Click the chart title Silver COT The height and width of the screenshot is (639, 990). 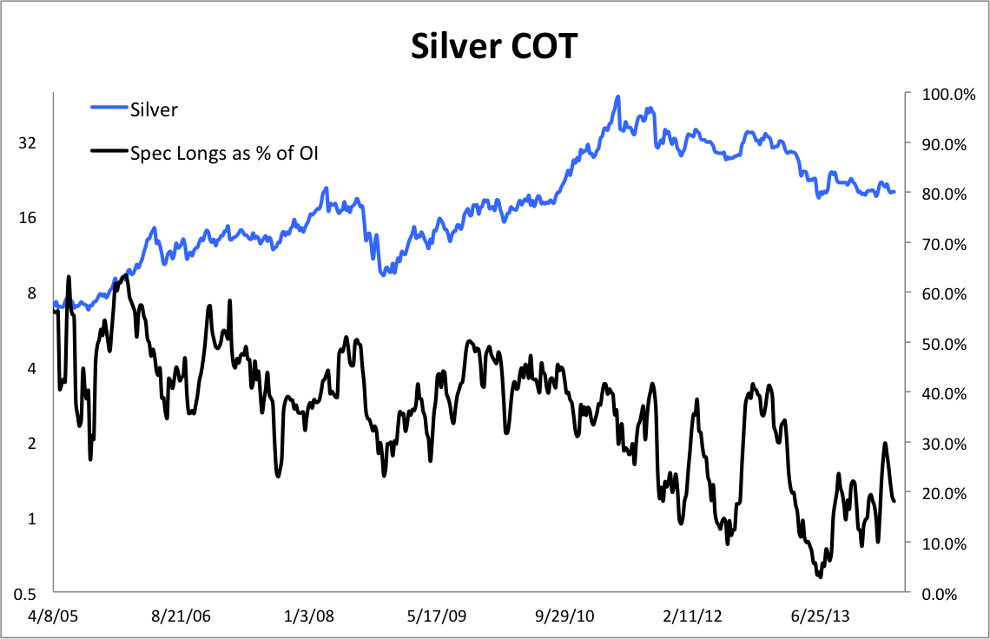pyautogui.click(x=494, y=46)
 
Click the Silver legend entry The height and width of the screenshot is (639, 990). pyautogui.click(x=154, y=109)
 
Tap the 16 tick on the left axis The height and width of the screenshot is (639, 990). pyautogui.click(x=27, y=218)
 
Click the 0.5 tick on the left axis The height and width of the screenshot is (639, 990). pyautogui.click(x=23, y=594)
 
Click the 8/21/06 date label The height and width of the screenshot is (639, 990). pyautogui.click(x=181, y=616)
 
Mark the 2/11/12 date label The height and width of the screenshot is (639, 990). pyautogui.click(x=693, y=616)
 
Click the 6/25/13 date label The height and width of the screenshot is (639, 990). pyautogui.click(x=821, y=616)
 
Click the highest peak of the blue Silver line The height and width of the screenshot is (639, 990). pyautogui.click(x=617, y=96)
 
